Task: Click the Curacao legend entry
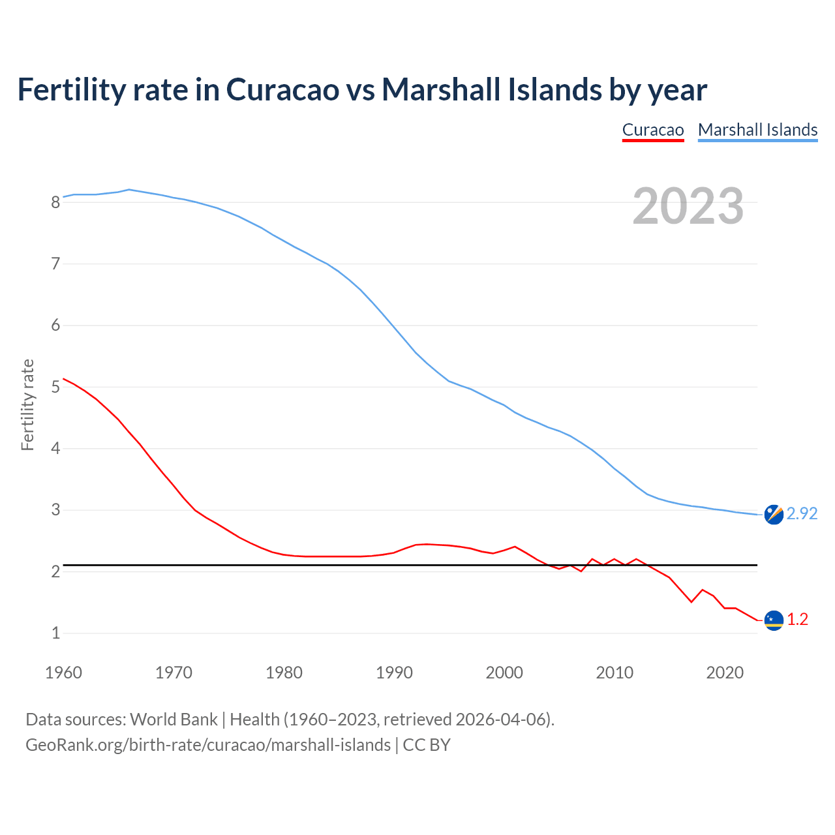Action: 652,130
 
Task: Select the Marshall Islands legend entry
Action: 757,130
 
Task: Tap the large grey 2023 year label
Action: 688,206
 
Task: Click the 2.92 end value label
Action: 802,514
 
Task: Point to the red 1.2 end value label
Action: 797,620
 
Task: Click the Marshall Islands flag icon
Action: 774,515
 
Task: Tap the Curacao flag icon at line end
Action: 774,620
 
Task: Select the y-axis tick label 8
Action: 55,202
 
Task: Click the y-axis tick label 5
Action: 55,387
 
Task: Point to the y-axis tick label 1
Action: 55,633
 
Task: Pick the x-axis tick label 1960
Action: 63,673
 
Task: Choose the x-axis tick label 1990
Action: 394,673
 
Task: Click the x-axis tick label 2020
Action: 725,673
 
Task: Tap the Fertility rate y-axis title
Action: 27,404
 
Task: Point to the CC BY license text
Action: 427,745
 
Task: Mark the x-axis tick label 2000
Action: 504,673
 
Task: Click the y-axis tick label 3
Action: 55,510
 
